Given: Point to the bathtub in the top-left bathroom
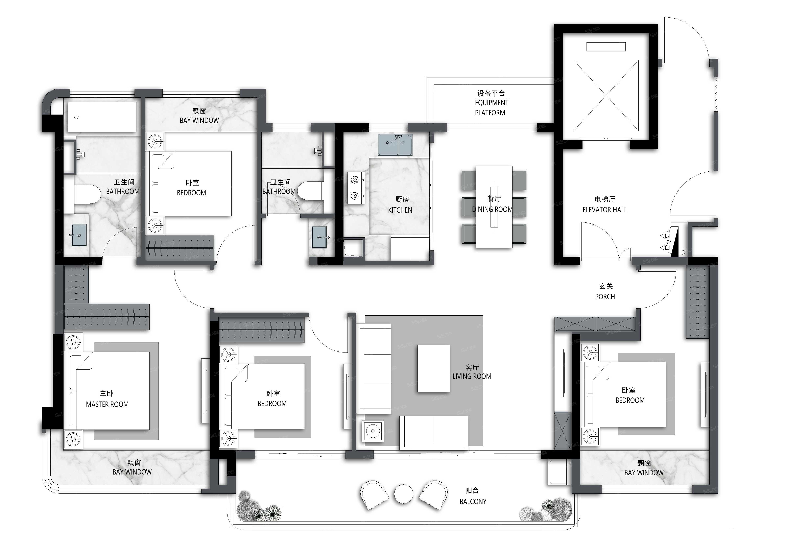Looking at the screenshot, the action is pyautogui.click(x=102, y=117).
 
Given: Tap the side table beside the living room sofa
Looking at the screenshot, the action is pyautogui.click(x=373, y=431).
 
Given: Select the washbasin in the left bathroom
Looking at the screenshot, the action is pyautogui.click(x=79, y=235).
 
